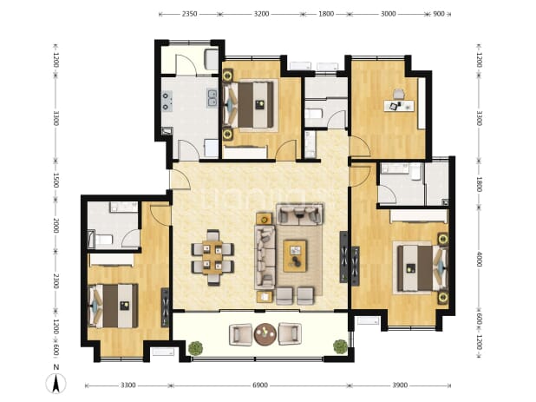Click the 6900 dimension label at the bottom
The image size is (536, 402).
pyautogui.click(x=260, y=386)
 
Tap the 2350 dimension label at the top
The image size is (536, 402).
pyautogui.click(x=189, y=14)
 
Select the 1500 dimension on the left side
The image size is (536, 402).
pyautogui.click(x=56, y=180)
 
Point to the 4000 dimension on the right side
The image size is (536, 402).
pyautogui.click(x=480, y=260)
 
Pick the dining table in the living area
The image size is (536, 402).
pyautogui.click(x=212, y=257)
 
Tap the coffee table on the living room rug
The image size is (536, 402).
pyautogui.click(x=295, y=256)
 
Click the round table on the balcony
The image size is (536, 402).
pyautogui.click(x=265, y=334)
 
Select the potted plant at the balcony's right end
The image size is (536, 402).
pyautogui.click(x=341, y=346)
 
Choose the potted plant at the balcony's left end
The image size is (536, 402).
pyautogui.click(x=195, y=348)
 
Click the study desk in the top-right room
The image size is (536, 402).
pyautogui.click(x=399, y=105)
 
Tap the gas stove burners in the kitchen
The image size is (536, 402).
pyautogui.click(x=167, y=102)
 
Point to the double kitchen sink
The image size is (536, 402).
pyautogui.click(x=212, y=98)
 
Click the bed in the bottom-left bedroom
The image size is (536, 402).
pyautogui.click(x=113, y=306)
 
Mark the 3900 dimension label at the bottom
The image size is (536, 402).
pyautogui.click(x=400, y=386)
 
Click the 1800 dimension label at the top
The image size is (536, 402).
pyautogui.click(x=326, y=14)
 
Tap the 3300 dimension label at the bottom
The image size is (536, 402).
pyautogui.click(x=128, y=386)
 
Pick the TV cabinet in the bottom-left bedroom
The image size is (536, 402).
pyautogui.click(x=165, y=307)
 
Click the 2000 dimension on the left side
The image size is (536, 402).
pyautogui.click(x=56, y=226)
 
